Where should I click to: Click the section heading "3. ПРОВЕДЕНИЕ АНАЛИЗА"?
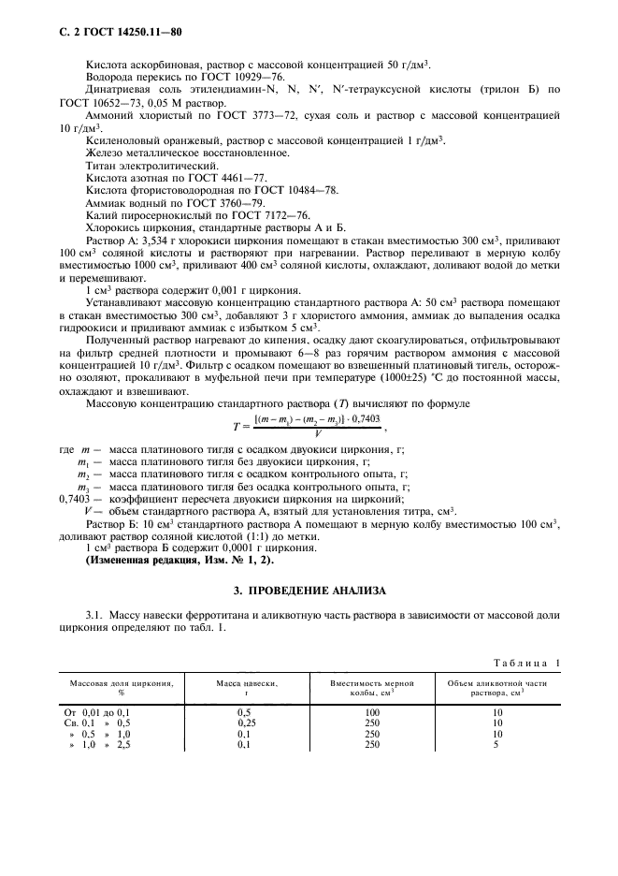click(309, 591)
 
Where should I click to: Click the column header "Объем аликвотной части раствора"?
click(496, 688)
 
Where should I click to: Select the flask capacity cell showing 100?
click(372, 712)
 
